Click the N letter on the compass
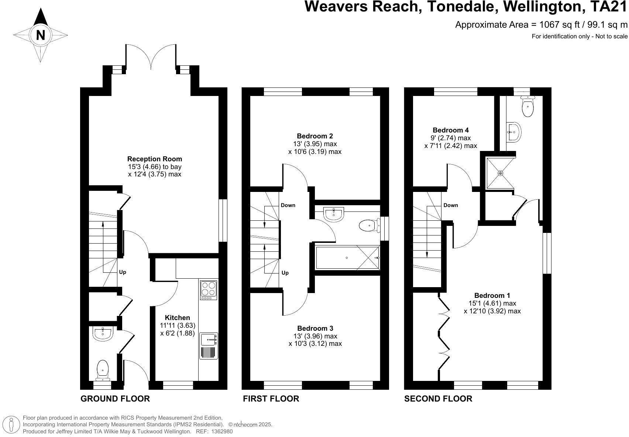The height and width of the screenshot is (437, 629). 41,35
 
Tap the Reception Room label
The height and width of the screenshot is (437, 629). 155,159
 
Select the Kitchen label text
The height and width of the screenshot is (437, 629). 177,318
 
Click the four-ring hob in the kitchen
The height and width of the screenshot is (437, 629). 208,290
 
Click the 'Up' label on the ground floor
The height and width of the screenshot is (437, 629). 123,272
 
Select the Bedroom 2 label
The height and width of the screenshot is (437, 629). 314,136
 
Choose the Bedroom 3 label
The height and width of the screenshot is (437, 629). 315,328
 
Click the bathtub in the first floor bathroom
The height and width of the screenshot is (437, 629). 347,258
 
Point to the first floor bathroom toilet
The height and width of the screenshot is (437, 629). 368,225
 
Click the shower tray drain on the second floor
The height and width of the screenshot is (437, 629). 501,173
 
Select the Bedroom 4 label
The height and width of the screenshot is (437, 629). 451,130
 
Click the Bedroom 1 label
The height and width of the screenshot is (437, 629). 492,296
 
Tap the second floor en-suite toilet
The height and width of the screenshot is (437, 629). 528,107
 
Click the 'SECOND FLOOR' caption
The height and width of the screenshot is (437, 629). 438,399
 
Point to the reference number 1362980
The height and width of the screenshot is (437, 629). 222,431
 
